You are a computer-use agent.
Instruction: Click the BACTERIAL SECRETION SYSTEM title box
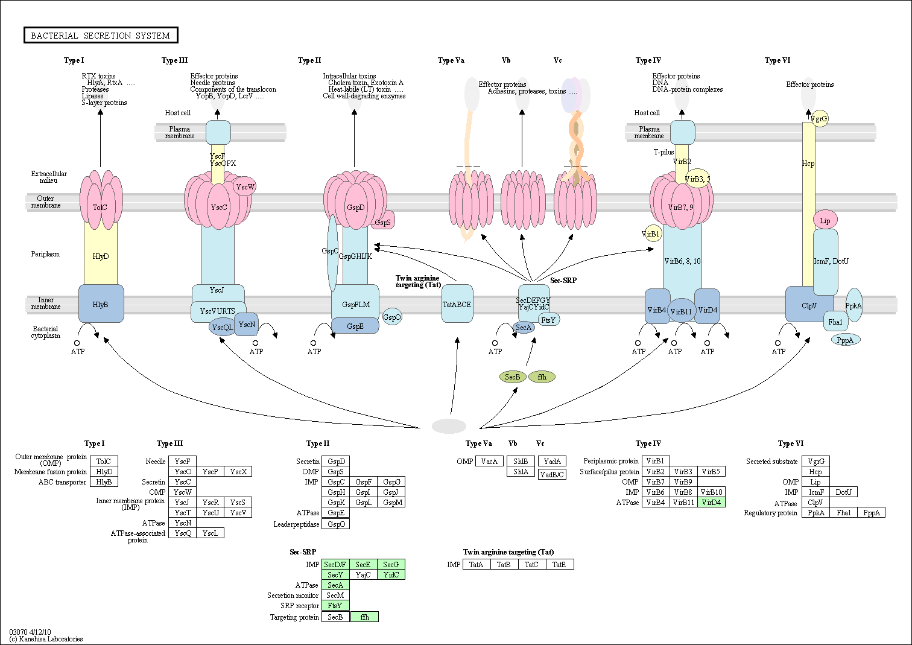101,36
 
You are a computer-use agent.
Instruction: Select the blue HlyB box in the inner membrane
101,304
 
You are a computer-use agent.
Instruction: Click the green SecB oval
512,377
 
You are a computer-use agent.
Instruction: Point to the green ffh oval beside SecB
542,377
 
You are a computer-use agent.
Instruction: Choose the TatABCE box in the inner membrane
457,303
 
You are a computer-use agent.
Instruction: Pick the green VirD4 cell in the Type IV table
711,503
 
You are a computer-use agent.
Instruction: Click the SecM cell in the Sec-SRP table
335,596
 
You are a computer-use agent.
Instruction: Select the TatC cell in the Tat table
531,565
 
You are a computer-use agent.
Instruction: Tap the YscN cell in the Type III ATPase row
183,523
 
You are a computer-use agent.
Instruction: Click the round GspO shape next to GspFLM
392,317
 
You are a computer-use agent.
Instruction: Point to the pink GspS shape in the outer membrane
384,221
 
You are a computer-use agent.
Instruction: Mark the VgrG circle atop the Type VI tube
819,119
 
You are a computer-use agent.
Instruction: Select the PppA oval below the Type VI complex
845,340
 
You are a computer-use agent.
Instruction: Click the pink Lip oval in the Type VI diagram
825,220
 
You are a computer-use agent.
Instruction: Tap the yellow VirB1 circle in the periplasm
651,234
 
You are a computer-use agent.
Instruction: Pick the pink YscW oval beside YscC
245,186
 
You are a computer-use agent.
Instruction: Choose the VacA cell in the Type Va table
489,462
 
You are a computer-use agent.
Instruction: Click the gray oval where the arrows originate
449,426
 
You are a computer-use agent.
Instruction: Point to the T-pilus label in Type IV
663,152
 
